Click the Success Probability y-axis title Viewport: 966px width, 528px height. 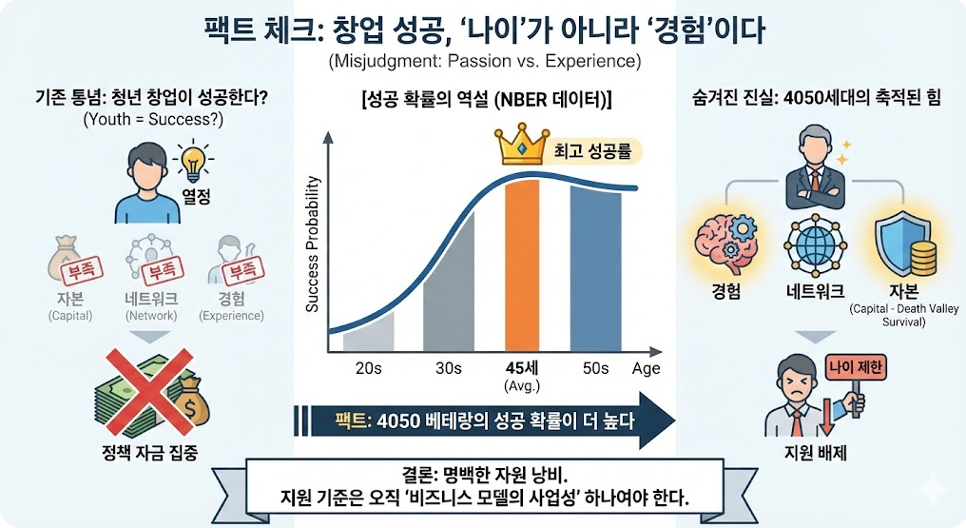[313, 245]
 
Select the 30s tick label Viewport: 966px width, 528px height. [448, 368]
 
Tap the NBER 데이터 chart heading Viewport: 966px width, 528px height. [485, 99]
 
